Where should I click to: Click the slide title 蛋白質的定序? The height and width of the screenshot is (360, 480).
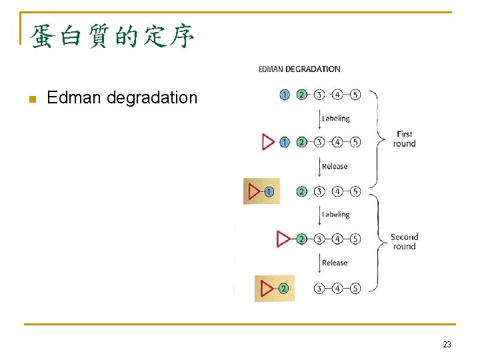(113, 37)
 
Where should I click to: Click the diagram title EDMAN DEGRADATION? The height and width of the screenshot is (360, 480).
(299, 69)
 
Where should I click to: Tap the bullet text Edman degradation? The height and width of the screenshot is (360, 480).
(123, 98)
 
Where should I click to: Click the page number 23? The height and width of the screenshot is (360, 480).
(447, 344)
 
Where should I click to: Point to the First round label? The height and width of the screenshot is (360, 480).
(404, 139)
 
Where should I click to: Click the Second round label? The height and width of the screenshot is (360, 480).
(404, 241)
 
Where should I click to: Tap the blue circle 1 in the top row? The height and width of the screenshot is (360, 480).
(285, 95)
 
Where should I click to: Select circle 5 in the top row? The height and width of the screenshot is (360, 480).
(355, 95)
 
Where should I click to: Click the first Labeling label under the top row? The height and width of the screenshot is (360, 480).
(335, 119)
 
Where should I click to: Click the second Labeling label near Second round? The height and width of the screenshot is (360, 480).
(335, 215)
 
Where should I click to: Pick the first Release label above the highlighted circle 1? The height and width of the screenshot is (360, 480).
(335, 167)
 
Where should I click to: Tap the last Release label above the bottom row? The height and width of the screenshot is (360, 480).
(335, 263)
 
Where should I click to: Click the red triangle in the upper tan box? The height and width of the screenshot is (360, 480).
(255, 191)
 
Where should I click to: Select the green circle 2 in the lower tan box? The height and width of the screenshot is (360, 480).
(283, 289)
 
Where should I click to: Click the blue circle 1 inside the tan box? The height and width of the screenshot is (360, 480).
(269, 191)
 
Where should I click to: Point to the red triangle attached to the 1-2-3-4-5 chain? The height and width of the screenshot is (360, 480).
(269, 142)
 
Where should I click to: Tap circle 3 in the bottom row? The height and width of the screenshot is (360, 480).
(320, 289)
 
